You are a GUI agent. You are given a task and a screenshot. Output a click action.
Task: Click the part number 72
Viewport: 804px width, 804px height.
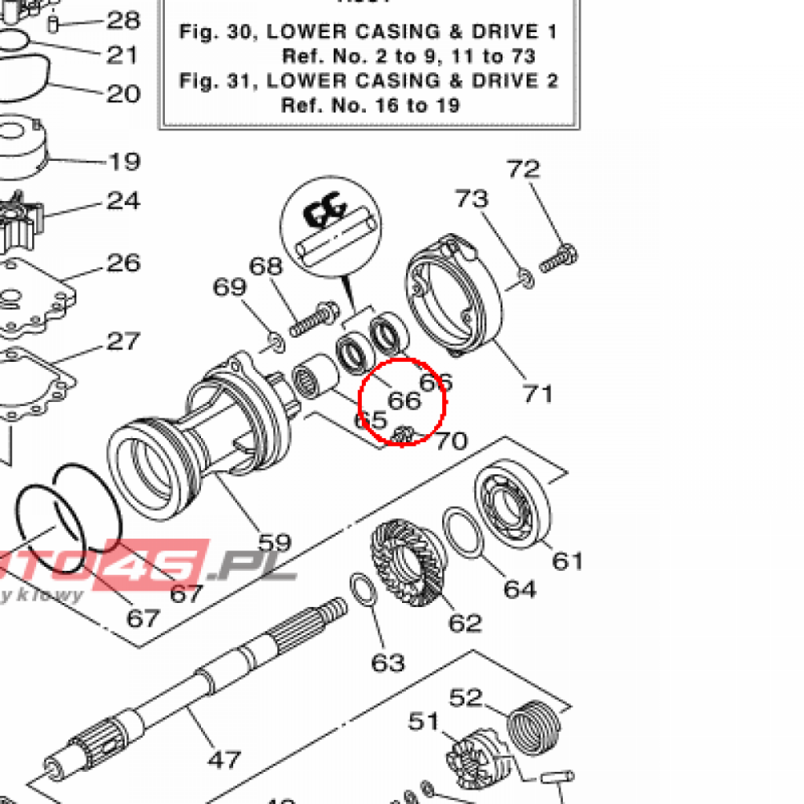tap(524, 169)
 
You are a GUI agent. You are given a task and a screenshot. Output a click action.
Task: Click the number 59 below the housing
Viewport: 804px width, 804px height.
tap(275, 543)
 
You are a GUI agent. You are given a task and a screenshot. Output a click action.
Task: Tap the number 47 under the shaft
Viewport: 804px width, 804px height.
tap(224, 760)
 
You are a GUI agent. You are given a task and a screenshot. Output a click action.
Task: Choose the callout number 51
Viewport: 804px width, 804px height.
tap(424, 721)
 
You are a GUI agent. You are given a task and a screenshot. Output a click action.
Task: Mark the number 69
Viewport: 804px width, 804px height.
tap(230, 287)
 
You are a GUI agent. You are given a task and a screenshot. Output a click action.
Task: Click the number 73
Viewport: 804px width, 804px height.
tap(473, 199)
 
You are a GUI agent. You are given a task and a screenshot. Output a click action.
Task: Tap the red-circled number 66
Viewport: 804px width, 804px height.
tap(405, 400)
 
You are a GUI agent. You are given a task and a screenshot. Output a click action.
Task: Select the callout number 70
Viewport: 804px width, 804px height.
tap(451, 441)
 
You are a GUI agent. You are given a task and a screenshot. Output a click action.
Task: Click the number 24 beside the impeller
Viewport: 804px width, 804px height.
tap(123, 201)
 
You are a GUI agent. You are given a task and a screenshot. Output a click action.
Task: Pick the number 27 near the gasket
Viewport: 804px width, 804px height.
tap(123, 341)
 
